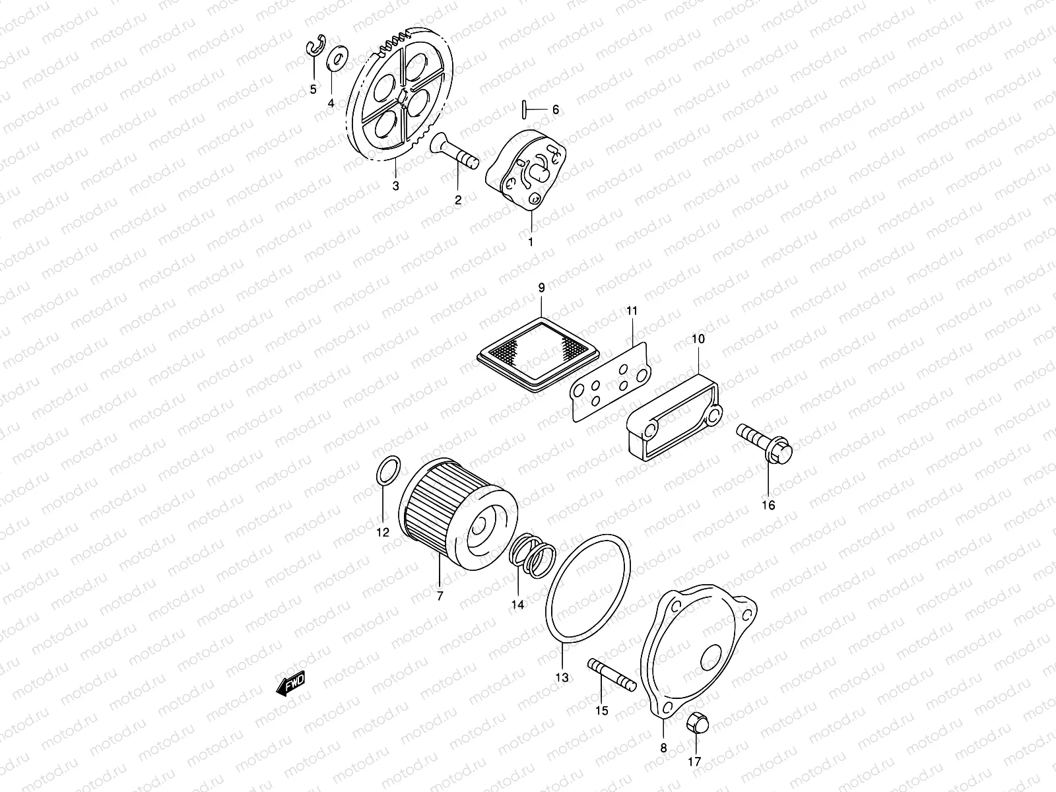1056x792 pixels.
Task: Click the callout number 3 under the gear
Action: click(395, 186)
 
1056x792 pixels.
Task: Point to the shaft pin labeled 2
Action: click(455, 151)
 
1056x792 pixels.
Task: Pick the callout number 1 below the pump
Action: click(530, 242)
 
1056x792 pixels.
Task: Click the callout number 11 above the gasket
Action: click(631, 310)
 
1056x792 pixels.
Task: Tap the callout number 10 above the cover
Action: click(698, 339)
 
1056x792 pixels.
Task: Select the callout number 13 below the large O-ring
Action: click(562, 676)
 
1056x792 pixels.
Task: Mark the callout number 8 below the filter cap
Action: click(664, 748)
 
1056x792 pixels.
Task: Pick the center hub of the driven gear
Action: click(402, 96)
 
